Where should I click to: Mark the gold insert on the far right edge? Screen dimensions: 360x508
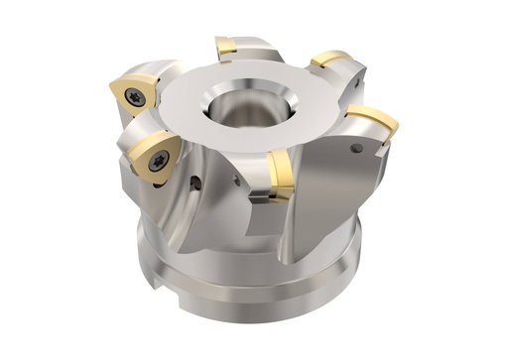tap(375, 119)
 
